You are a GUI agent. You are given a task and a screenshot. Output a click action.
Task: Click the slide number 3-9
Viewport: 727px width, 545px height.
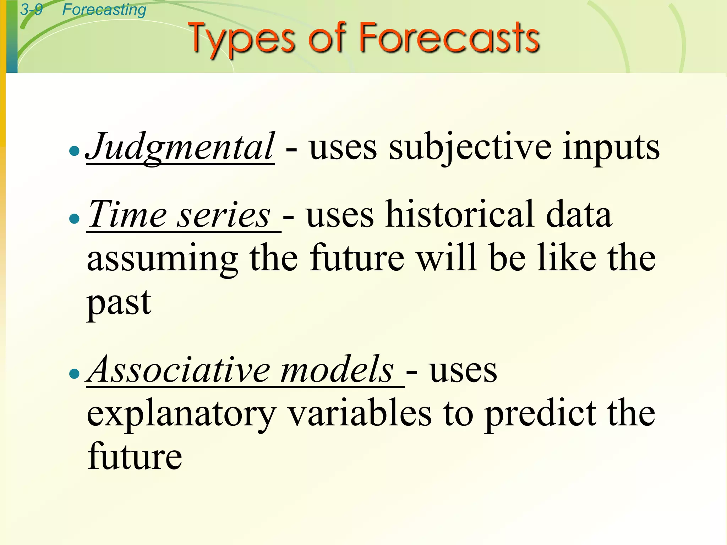(x=31, y=10)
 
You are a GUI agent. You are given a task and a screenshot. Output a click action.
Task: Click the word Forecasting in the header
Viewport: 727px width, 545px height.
(x=104, y=10)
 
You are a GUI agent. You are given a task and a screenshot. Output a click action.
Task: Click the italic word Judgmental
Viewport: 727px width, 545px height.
(x=180, y=147)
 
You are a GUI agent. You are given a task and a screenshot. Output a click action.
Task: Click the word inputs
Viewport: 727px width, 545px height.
(x=611, y=147)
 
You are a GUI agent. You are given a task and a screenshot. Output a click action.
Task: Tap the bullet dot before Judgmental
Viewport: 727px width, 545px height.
(x=74, y=151)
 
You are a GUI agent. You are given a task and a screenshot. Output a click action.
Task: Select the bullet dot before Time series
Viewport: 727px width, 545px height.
(x=74, y=219)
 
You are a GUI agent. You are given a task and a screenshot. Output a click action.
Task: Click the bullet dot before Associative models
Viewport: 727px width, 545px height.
(x=74, y=373)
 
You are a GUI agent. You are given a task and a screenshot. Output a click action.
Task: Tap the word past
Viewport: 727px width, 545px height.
(x=119, y=303)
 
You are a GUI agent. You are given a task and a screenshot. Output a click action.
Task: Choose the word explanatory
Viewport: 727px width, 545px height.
(x=181, y=415)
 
